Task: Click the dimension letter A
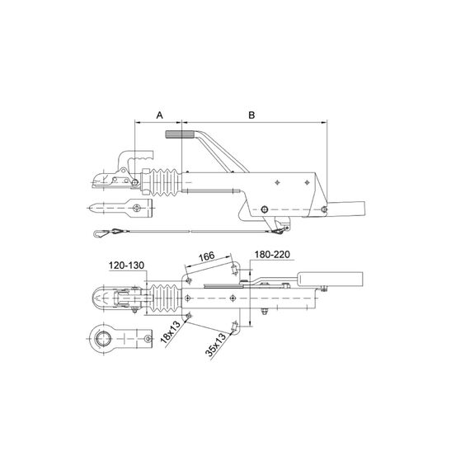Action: [x=159, y=115]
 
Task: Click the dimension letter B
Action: [x=251, y=115]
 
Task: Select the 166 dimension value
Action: [x=207, y=256]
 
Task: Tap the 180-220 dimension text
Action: [x=272, y=255]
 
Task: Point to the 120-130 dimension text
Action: [x=126, y=266]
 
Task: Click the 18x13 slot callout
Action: [x=170, y=331]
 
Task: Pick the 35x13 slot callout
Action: [x=215, y=345]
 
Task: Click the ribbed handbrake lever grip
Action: [x=180, y=134]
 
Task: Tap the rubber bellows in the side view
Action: [x=165, y=182]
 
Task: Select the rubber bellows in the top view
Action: [x=165, y=298]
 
